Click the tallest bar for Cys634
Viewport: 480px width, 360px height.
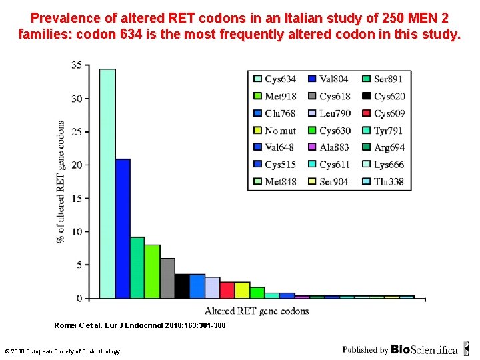[107, 183]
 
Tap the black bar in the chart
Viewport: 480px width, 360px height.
[181, 286]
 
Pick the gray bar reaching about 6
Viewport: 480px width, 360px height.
[167, 278]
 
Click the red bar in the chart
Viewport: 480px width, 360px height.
[227, 290]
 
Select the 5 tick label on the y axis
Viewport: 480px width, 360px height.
[79, 265]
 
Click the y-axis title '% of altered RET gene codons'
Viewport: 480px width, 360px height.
[61, 181]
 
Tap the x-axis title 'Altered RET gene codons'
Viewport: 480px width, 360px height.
[257, 311]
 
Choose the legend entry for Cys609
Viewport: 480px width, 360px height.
[383, 113]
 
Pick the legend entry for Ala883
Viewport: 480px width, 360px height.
[329, 147]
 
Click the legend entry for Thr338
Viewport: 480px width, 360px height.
[383, 181]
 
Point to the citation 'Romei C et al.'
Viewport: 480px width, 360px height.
[84, 325]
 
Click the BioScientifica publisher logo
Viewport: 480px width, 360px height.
[424, 349]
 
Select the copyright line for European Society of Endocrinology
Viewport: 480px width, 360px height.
[62, 351]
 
